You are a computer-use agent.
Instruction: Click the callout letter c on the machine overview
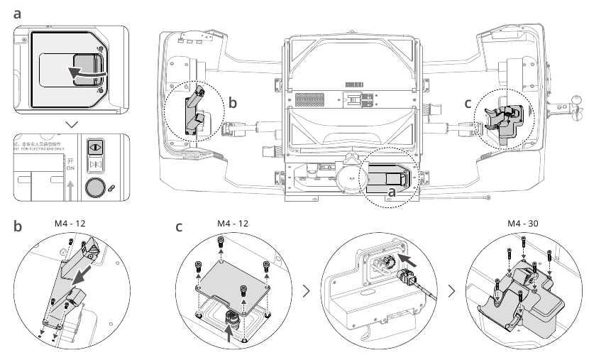pyautogui.click(x=468, y=103)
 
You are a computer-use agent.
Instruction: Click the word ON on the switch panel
pyautogui.click(x=69, y=168)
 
